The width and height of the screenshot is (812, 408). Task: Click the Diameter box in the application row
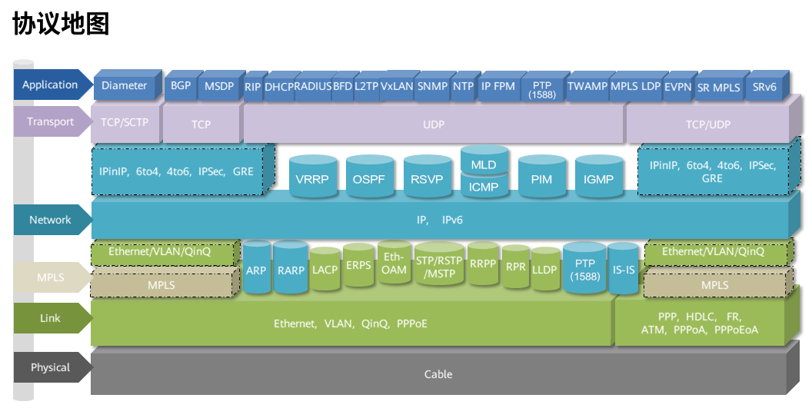[124, 86]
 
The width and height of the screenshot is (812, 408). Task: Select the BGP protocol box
[181, 86]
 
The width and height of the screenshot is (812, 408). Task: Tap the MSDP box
[219, 86]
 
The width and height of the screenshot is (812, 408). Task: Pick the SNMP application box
[431, 87]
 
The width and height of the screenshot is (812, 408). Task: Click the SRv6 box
[764, 87]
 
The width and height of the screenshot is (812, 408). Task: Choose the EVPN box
[677, 87]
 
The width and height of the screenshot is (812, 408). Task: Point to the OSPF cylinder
[370, 179]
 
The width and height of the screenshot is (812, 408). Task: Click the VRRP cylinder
[312, 179]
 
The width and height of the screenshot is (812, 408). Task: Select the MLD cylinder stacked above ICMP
[484, 164]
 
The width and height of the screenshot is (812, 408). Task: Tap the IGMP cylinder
[598, 179]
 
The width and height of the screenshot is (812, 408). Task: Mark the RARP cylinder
[291, 270]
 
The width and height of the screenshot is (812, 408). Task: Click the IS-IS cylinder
[624, 270]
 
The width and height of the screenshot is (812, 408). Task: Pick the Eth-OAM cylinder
[394, 264]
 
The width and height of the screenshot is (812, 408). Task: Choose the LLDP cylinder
[544, 270]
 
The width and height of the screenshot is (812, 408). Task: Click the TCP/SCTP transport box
[125, 123]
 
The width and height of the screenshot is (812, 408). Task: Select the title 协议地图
[62, 24]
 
